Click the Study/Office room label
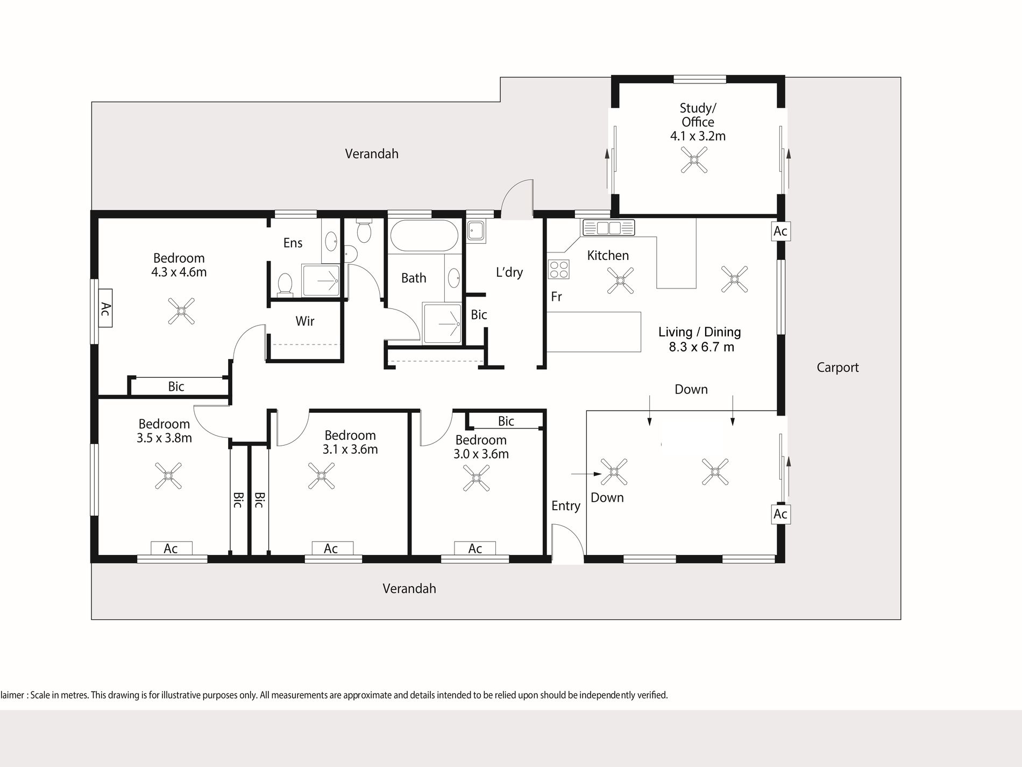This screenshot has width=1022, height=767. (698, 122)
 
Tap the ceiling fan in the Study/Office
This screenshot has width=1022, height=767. (694, 160)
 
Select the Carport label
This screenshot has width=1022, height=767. (838, 368)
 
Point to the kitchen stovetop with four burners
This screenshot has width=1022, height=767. (559, 269)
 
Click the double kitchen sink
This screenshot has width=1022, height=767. (608, 227)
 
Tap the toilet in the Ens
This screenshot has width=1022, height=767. (285, 284)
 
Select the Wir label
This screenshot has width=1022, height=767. (305, 321)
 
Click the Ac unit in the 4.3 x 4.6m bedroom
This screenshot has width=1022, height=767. (105, 308)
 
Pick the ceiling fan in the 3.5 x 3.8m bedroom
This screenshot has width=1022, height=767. (168, 475)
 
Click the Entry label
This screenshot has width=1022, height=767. (566, 506)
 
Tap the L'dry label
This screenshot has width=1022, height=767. (509, 272)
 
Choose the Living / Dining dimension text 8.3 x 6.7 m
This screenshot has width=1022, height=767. (701, 347)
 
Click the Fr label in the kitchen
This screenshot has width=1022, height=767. (556, 297)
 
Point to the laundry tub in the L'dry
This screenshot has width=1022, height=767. (475, 231)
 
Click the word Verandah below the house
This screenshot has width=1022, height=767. (409, 588)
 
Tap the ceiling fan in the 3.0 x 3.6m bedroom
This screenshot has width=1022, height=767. (476, 477)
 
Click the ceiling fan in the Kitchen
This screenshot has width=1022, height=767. (620, 280)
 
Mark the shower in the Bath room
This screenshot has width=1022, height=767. (442, 323)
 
